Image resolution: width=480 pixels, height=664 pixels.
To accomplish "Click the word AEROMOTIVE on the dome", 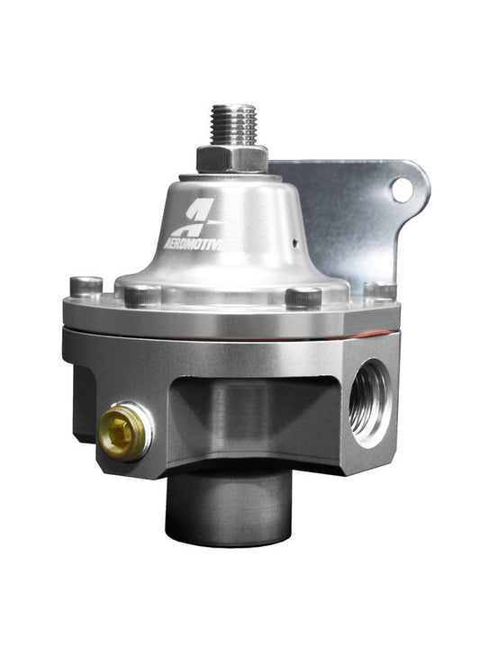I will click(203, 242).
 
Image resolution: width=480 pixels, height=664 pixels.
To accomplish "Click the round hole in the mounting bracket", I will click(403, 188).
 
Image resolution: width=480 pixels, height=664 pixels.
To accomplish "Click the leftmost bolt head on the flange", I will click(86, 285).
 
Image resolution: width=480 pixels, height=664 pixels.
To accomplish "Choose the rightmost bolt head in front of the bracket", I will click(379, 290).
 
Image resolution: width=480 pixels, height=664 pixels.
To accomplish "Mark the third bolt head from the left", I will click(303, 296).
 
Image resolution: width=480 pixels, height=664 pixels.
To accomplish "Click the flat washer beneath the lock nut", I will click(231, 173).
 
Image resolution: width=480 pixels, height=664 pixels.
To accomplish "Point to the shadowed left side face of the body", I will click(83, 400).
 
